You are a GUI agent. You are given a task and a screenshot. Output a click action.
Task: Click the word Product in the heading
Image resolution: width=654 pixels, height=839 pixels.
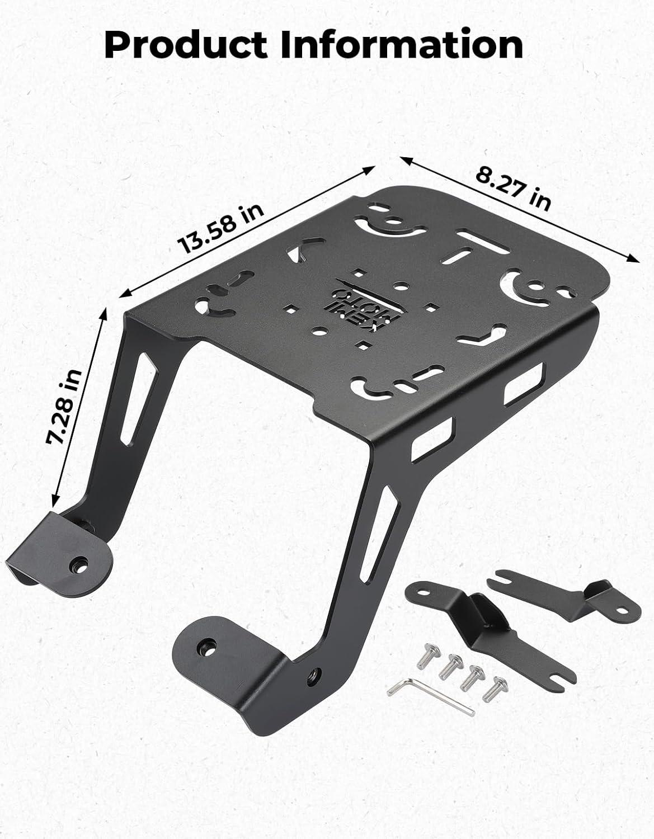(x=186, y=45)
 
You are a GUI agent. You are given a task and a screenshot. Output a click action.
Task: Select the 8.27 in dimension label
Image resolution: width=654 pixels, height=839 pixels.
(x=513, y=187)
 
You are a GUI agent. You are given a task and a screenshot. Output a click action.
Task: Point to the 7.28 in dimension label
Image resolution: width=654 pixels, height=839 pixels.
(x=64, y=407)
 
